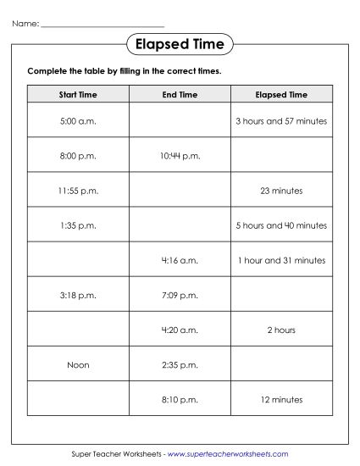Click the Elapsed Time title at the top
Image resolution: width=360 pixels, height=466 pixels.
180,43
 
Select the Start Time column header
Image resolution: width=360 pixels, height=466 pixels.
78,95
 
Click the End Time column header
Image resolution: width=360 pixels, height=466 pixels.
180,95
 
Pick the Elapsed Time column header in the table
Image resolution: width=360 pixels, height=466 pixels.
281,95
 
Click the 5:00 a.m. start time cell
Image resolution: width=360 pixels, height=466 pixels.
78,121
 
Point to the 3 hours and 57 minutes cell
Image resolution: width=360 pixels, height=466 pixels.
281,121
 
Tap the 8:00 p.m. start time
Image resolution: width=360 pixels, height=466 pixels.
78,156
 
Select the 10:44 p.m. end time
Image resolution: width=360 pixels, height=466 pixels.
180,156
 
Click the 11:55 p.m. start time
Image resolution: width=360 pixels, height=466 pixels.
78,191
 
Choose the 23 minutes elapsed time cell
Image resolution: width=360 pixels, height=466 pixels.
281,191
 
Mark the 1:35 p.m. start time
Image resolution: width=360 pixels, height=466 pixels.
78,225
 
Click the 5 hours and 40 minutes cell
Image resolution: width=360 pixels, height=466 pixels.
281,225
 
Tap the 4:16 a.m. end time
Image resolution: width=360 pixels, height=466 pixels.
180,260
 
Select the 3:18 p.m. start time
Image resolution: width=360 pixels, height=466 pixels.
78,295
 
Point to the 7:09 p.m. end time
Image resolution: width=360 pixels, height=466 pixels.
180,295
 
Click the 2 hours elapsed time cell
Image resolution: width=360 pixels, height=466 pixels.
281,330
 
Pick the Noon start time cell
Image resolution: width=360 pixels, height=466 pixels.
78,364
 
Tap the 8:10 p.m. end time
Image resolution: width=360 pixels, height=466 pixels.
180,399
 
